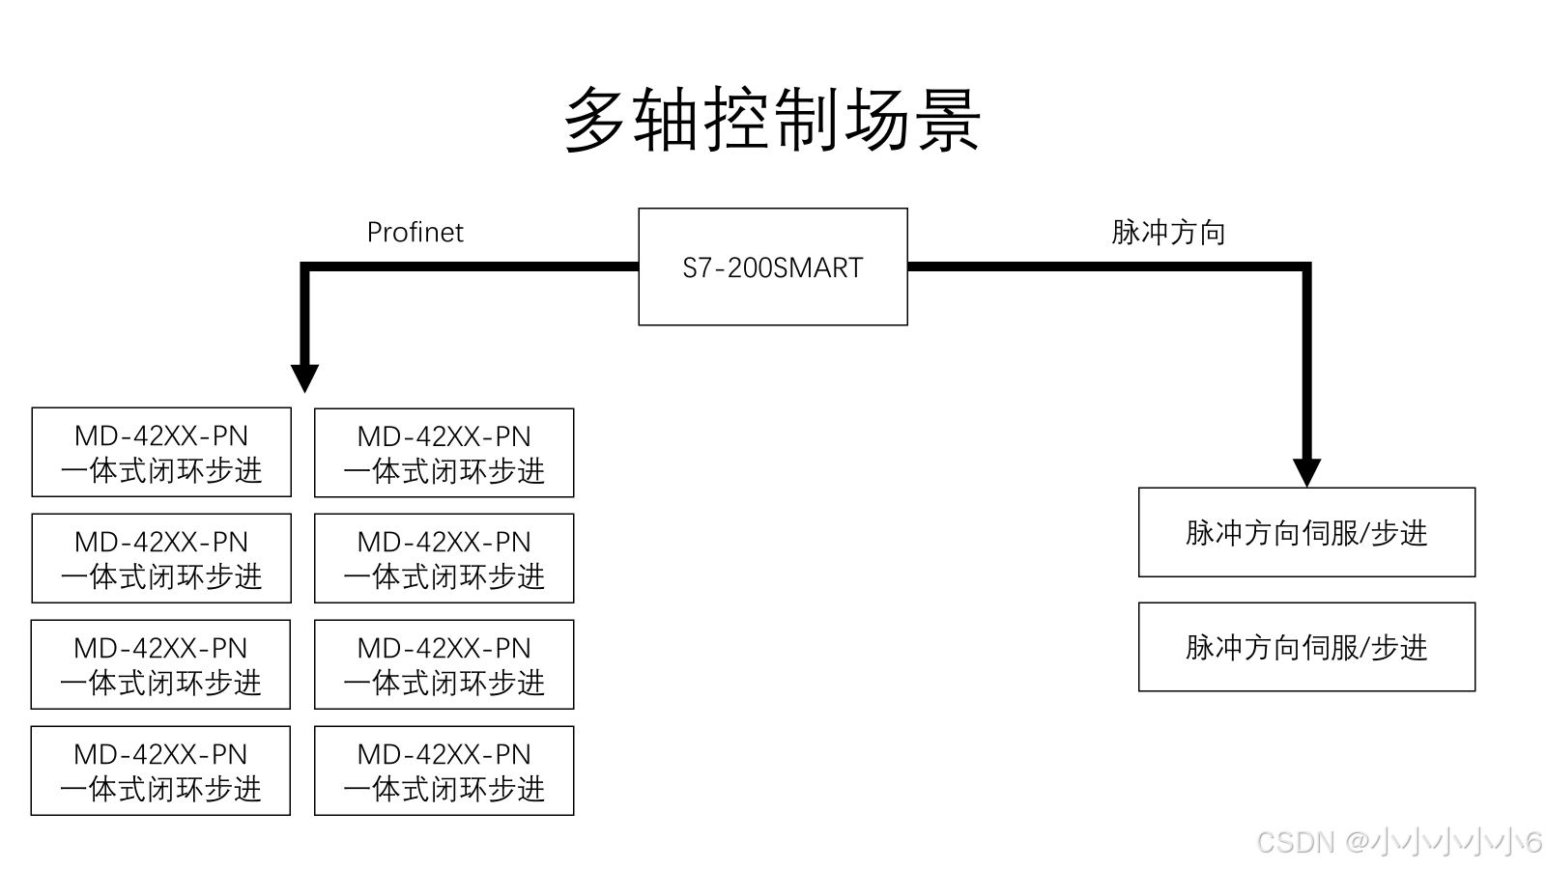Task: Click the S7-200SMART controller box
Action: (x=773, y=266)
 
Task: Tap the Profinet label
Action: (x=415, y=233)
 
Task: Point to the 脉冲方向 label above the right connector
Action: (x=1168, y=233)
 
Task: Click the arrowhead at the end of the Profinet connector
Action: (x=305, y=378)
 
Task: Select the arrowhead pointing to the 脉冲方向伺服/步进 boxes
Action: (x=1306, y=472)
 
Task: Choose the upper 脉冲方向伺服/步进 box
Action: (x=1306, y=532)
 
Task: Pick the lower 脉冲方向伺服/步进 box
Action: (x=1306, y=647)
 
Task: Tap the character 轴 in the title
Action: (x=667, y=120)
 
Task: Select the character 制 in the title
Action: (x=808, y=120)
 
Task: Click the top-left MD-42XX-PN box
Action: (x=161, y=453)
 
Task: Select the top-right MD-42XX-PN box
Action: (x=444, y=453)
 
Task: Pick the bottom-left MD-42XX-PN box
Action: (x=161, y=771)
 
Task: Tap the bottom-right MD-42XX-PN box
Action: (x=444, y=771)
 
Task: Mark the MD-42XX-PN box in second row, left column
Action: (x=161, y=558)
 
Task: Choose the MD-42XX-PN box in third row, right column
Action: (x=444, y=664)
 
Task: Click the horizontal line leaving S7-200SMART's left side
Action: (x=473, y=266)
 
